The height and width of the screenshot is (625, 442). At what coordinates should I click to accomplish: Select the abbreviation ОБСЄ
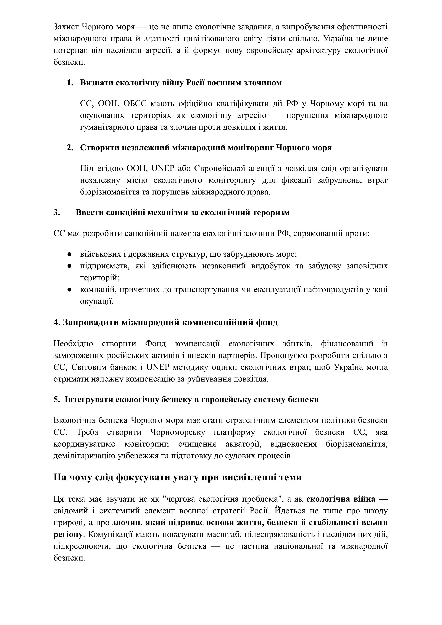click(x=133, y=104)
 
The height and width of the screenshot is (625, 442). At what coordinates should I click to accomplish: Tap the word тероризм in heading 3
click(x=271, y=212)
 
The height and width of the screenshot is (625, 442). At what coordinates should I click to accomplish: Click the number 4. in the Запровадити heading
click(x=57, y=322)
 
